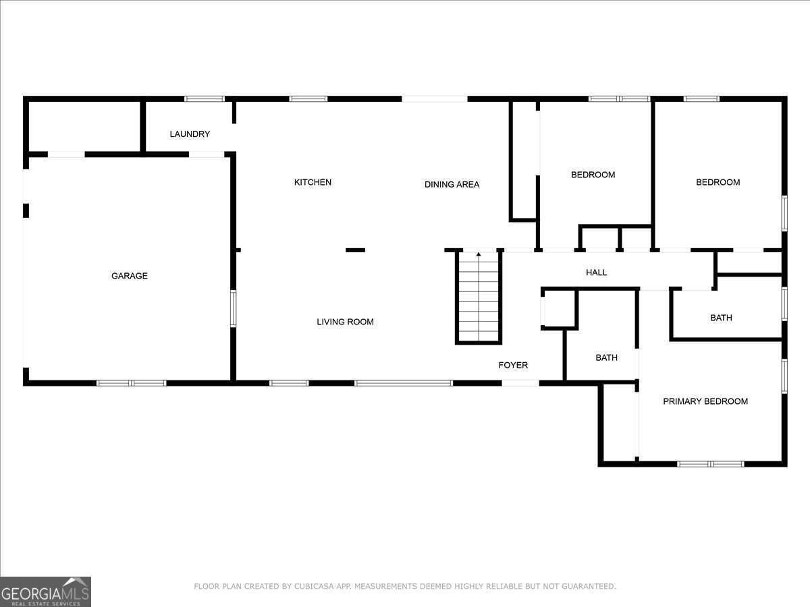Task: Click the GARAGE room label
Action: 130,276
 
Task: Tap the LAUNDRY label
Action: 190,134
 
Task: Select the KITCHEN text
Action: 313,182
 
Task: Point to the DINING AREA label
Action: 452,184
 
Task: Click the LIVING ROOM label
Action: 345,322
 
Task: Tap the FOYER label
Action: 513,365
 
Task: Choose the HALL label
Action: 596,272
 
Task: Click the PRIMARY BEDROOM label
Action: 705,401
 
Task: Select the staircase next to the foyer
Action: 479,297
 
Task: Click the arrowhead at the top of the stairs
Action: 479,254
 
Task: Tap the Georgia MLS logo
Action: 45,591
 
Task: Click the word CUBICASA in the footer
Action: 314,586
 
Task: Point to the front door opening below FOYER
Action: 520,383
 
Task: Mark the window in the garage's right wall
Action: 234,308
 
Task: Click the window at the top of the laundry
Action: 205,98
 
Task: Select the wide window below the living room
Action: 404,383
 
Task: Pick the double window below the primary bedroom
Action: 710,464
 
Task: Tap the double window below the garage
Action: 132,383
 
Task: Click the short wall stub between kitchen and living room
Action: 355,250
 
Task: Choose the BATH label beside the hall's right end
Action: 721,318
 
